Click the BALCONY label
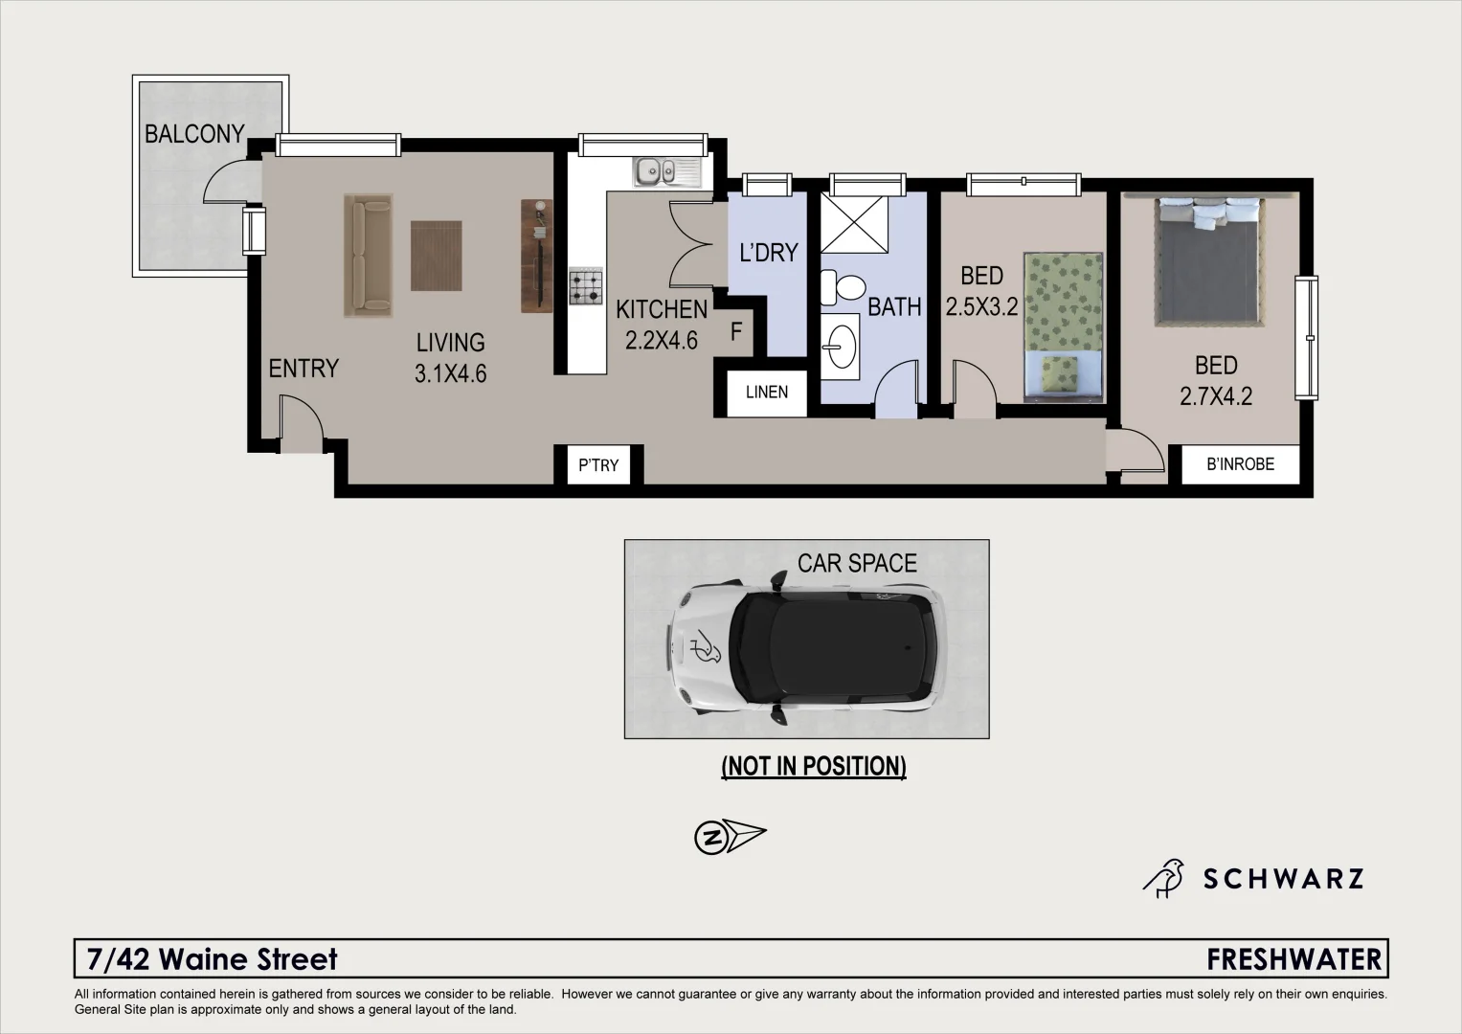[194, 134]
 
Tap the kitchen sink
[666, 172]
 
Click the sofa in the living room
[369, 255]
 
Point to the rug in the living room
[437, 256]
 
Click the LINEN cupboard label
[767, 392]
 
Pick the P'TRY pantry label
[598, 465]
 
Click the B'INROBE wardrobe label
[1240, 464]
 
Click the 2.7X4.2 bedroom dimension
[1216, 396]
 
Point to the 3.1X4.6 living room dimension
[450, 373]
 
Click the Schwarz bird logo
[1164, 878]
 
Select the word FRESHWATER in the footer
[1294, 958]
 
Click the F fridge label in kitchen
[736, 332]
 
